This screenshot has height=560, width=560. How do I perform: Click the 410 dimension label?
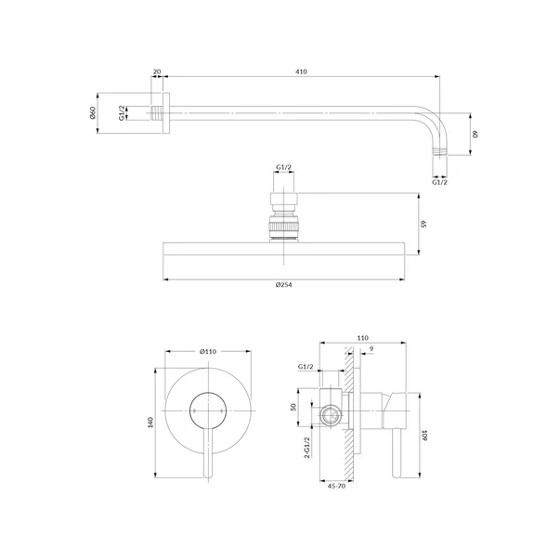pos(301,72)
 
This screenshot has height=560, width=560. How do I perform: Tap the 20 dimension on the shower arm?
pos(157,72)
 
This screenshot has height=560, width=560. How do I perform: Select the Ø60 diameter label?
pos(93,113)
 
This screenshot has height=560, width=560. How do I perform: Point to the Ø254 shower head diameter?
pos(283,284)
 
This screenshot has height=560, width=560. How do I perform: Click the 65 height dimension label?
pos(423,224)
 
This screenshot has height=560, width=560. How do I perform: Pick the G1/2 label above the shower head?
pos(283,167)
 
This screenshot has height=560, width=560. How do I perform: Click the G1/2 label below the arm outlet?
pos(439,182)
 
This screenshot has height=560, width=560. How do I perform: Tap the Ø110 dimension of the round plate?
pos(208,351)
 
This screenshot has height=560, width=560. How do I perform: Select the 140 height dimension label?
pos(150,423)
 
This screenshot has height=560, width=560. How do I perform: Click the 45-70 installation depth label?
pos(336,486)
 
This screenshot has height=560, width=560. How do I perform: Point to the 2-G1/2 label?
pos(306,447)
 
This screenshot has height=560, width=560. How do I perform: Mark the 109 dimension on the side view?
pos(424,435)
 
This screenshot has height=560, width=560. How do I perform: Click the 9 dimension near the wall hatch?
pos(371,349)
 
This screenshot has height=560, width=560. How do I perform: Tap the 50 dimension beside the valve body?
pos(293,407)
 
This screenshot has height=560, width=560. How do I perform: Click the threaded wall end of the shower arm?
pos(156,113)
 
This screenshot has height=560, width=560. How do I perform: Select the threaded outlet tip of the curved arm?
pos(439,151)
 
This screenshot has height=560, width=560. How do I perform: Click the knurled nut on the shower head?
pos(283,227)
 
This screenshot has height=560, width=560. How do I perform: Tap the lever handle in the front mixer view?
pos(208,453)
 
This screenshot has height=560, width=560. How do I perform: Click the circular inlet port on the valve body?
pos(331,415)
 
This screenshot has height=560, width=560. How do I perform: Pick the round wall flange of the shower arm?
pos(166,113)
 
